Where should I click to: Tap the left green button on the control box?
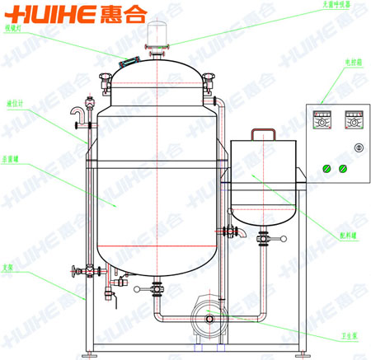click(x=327, y=168)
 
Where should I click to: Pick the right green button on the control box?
click(x=344, y=168)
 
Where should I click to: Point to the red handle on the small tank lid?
click(x=263, y=134)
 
